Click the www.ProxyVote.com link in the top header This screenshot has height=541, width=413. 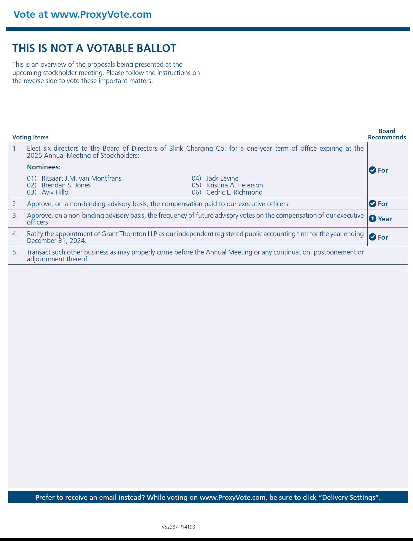[x=101, y=15]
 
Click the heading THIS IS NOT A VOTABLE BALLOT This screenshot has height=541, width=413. [x=94, y=48]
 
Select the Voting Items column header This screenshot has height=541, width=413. [x=30, y=137]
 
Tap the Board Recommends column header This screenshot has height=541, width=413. [x=387, y=134]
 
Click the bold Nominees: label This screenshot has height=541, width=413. [x=44, y=167]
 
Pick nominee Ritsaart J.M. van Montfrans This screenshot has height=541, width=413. [x=81, y=178]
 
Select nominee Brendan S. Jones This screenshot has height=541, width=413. [x=66, y=185]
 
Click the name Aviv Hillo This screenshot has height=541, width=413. [x=55, y=192]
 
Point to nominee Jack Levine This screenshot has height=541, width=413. [x=222, y=178]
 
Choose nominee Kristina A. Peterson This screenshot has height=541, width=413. [x=234, y=185]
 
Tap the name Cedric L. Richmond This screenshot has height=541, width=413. [x=234, y=192]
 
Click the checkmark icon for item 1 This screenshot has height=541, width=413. [x=372, y=170]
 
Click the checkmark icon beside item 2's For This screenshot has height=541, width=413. [x=372, y=204]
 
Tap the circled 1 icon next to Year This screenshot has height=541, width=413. [x=372, y=219]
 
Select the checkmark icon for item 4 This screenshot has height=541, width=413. [x=372, y=237]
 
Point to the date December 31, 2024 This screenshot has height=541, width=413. [x=56, y=241]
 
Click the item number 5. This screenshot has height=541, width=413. [x=15, y=252]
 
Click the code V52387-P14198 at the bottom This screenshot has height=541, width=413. [x=178, y=527]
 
